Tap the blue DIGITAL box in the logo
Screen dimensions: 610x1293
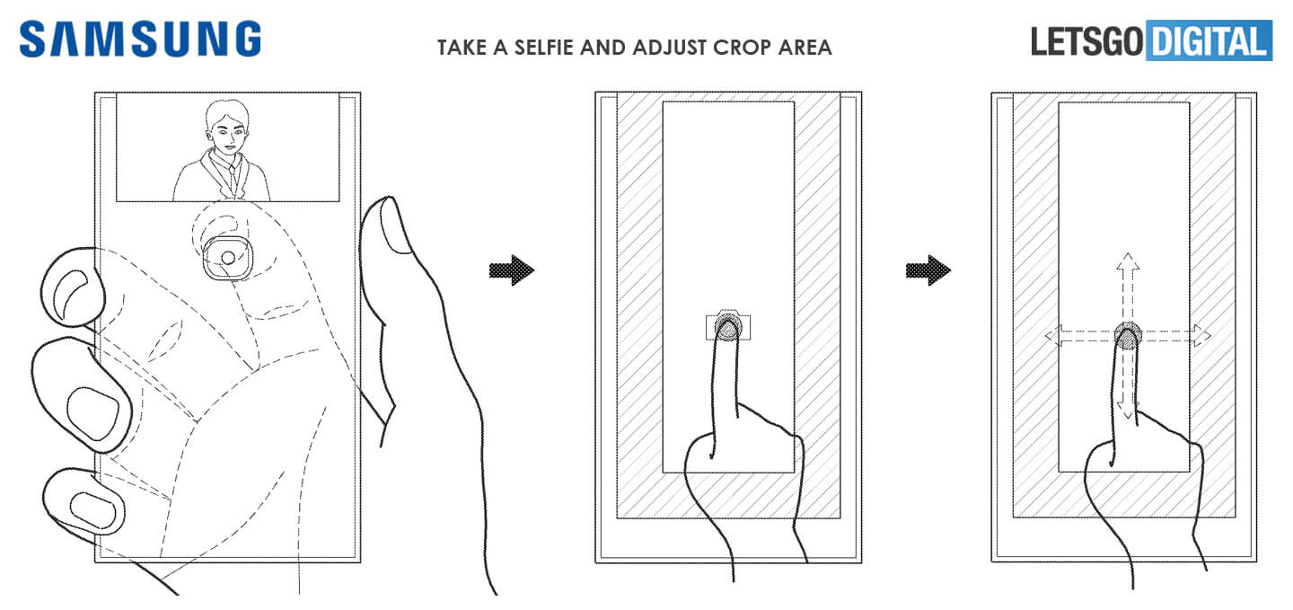pyautogui.click(x=1209, y=42)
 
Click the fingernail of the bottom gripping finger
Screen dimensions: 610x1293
pyautogui.click(x=92, y=509)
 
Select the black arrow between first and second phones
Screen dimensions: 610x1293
pyautogui.click(x=512, y=270)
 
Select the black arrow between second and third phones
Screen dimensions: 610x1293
pyautogui.click(x=928, y=270)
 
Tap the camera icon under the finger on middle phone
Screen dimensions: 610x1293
pyautogui.click(x=728, y=326)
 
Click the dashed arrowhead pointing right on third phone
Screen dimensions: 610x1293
pyautogui.click(x=1201, y=337)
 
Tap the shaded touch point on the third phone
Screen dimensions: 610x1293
pyautogui.click(x=1128, y=336)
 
